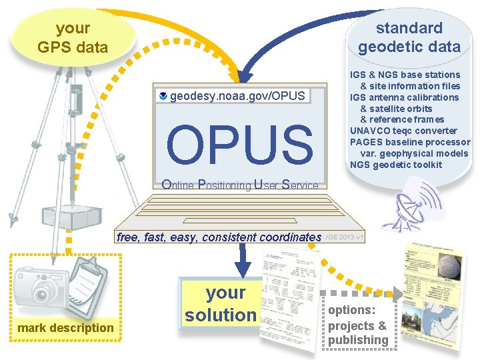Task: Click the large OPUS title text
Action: [x=239, y=143]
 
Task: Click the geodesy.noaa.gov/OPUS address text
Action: [x=237, y=96]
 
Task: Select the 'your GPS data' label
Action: [x=73, y=37]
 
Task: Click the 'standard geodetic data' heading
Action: [x=409, y=37]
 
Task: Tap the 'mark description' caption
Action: [x=65, y=328]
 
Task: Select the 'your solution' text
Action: [x=221, y=304]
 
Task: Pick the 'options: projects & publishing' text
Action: [x=358, y=325]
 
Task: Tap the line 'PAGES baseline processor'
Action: [x=410, y=142]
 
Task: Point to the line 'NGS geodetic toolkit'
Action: [x=395, y=165]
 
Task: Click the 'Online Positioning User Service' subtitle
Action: [x=240, y=185]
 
